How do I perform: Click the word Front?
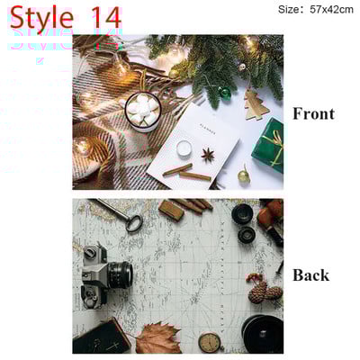pos(313,114)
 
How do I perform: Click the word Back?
pos(310,275)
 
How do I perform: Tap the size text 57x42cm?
pos(331,10)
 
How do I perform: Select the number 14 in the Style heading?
pos(106,17)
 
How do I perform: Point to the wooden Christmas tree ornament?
pos(256,104)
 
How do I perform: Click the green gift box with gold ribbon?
pos(268,145)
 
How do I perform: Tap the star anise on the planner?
pos(208,155)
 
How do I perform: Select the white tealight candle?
pos(184,148)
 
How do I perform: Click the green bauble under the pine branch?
pos(224,93)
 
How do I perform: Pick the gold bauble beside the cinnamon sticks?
pos(244,176)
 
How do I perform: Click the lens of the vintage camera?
pos(121,274)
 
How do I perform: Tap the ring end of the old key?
pos(134,222)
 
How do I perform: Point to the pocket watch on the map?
pos(210,342)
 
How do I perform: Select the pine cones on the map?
pos(265,292)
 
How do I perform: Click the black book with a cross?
pos(102,337)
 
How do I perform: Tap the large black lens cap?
pos(263,334)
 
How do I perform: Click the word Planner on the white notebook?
pos(207,128)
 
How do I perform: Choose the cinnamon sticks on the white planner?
pos(187,173)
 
